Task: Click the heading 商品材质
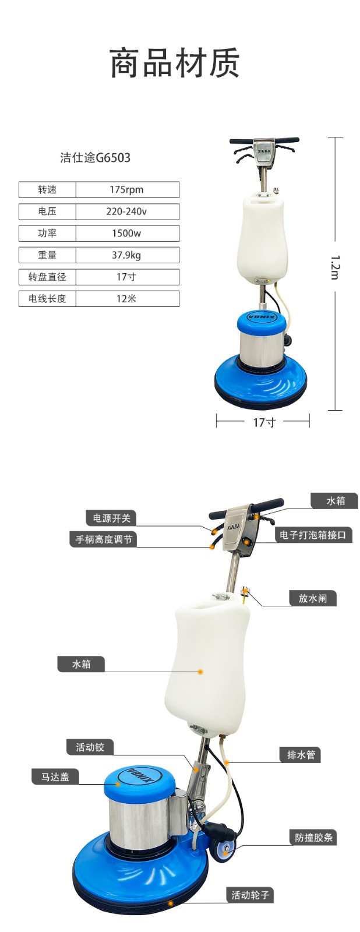click(x=175, y=63)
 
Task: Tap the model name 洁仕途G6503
click(x=96, y=158)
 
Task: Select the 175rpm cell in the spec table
click(x=127, y=190)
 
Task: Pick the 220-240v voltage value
click(x=127, y=211)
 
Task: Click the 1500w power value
click(x=127, y=234)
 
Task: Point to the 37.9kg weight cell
click(x=127, y=255)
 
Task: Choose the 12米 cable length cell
click(x=127, y=299)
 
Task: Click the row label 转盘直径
click(x=47, y=277)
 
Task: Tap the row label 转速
click(x=47, y=190)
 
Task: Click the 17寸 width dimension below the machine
click(x=264, y=422)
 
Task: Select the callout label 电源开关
click(x=111, y=518)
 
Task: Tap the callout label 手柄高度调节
click(x=104, y=539)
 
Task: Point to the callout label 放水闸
click(x=313, y=598)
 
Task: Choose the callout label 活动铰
click(x=90, y=747)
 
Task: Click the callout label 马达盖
click(x=55, y=776)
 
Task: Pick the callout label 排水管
click(x=301, y=754)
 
